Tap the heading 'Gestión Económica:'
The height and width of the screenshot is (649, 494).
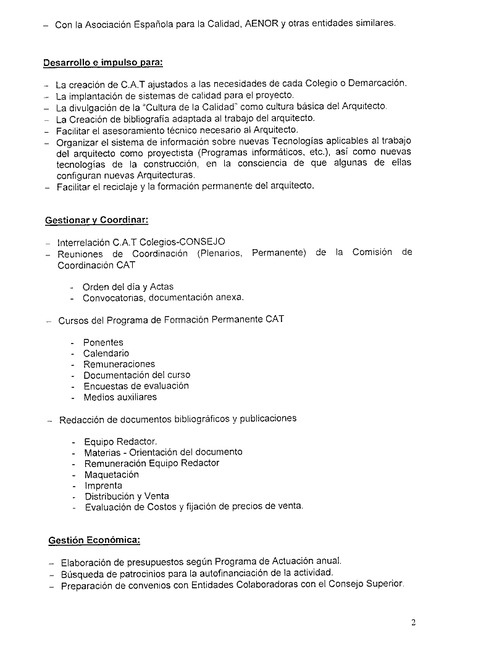pyautogui.click(x=94, y=540)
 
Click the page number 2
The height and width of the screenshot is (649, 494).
pyautogui.click(x=414, y=622)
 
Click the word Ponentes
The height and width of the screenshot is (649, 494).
pyautogui.click(x=103, y=342)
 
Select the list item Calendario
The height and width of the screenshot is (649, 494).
pyautogui.click(x=106, y=353)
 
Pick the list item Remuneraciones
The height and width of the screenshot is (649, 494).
pyautogui.click(x=119, y=364)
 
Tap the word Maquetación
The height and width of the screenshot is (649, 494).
pyautogui.click(x=112, y=474)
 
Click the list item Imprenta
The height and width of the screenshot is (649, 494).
pyautogui.click(x=104, y=486)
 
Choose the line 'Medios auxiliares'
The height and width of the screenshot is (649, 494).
pyautogui.click(x=120, y=397)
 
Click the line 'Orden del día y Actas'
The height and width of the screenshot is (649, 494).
pyautogui.click(x=128, y=287)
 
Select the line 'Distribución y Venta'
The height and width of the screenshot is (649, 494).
pyautogui.click(x=127, y=496)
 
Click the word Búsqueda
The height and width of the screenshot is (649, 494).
pyautogui.click(x=83, y=573)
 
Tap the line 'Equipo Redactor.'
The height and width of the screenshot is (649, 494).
pyautogui.click(x=121, y=442)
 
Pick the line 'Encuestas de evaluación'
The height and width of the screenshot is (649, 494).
pyautogui.click(x=136, y=386)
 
